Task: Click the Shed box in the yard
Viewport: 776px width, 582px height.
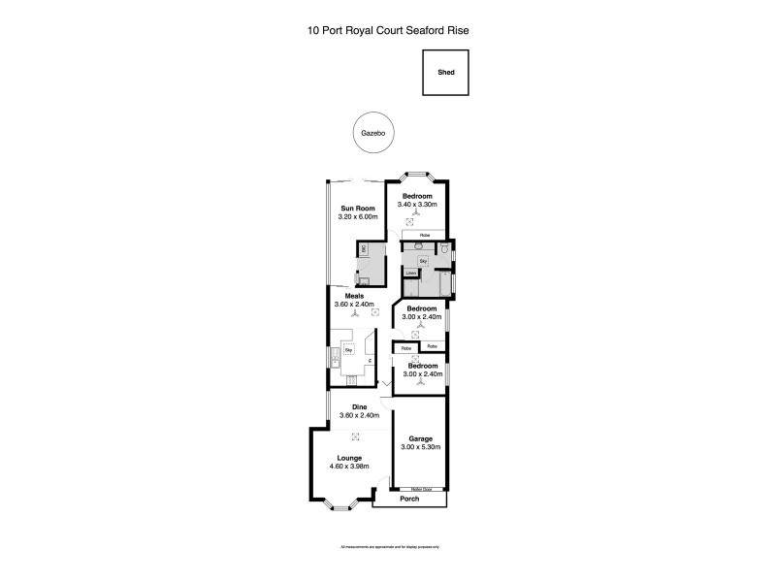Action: (x=445, y=72)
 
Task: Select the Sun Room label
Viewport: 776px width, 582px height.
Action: (x=358, y=209)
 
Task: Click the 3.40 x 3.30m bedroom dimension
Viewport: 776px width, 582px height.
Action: (x=418, y=205)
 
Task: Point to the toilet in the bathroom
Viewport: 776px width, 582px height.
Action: (x=444, y=249)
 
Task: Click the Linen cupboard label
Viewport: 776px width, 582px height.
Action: (x=411, y=273)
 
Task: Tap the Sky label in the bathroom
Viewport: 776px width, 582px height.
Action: (x=424, y=261)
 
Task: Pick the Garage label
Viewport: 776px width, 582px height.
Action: (x=420, y=438)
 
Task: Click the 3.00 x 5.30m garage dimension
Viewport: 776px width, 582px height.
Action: (x=420, y=447)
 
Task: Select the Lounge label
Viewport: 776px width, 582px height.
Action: (x=349, y=458)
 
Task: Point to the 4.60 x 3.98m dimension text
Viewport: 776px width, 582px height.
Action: (x=349, y=467)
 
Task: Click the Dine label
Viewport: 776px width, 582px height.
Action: (x=358, y=407)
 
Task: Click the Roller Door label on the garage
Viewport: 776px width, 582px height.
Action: (x=420, y=489)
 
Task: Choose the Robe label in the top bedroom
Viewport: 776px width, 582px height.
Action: (x=424, y=236)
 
